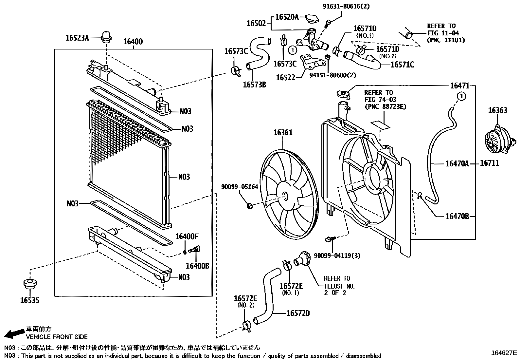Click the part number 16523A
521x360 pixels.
pyautogui.click(x=77, y=38)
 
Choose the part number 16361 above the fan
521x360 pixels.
pyautogui.click(x=283, y=133)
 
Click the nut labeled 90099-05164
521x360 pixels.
pyautogui.click(x=250, y=206)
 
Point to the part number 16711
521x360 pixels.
pyautogui.click(x=490, y=163)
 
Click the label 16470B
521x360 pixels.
pyautogui.click(x=457, y=216)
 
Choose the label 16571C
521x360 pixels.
pyautogui.click(x=402, y=65)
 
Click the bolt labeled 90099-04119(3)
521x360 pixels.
pyautogui.click(x=330, y=239)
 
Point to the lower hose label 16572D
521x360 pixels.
pyautogui.click(x=298, y=313)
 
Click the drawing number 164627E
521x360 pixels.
pyautogui.click(x=504, y=353)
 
